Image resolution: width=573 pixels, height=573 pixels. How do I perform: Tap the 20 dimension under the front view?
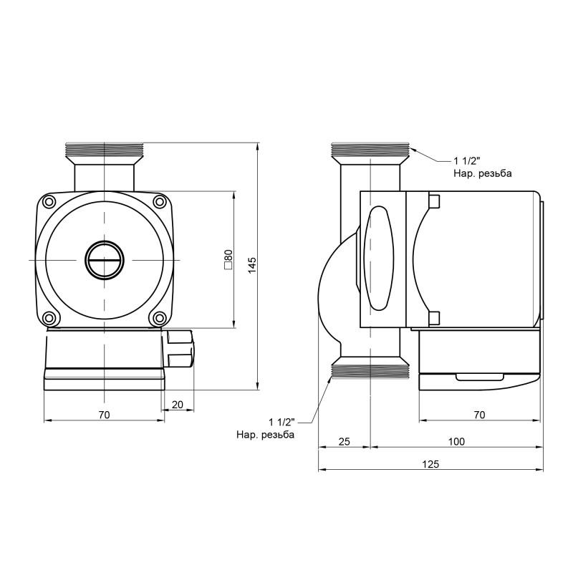[178, 405]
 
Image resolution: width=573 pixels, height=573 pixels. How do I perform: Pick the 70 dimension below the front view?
[105, 415]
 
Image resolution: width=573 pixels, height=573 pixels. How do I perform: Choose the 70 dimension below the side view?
[479, 415]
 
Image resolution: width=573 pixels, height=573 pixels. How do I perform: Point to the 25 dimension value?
[344, 441]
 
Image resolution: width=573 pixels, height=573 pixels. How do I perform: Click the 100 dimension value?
[456, 441]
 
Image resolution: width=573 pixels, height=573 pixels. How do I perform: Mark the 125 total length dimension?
[430, 465]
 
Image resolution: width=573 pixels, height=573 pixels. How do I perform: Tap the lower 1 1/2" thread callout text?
[282, 421]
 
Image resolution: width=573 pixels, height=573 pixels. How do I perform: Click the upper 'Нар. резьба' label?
[483, 173]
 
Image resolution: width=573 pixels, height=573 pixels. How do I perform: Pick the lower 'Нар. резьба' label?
[265, 435]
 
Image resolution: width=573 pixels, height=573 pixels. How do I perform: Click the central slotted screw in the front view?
[105, 259]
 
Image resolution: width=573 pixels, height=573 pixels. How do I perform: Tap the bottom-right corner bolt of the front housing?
[159, 317]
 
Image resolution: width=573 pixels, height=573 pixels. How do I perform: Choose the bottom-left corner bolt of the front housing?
[49, 317]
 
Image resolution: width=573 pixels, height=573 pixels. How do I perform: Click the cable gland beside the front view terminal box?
[180, 350]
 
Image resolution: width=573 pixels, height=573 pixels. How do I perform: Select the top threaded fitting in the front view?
[105, 150]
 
